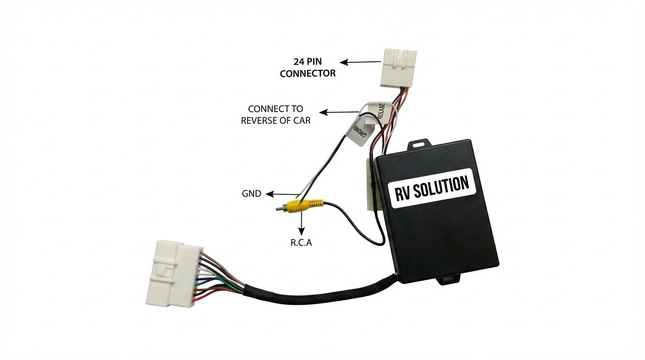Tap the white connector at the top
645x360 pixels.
[398, 67]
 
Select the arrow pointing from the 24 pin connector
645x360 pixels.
[360, 62]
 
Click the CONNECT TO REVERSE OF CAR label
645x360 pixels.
[276, 114]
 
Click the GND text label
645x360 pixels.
[252, 194]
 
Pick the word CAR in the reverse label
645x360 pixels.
[301, 120]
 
